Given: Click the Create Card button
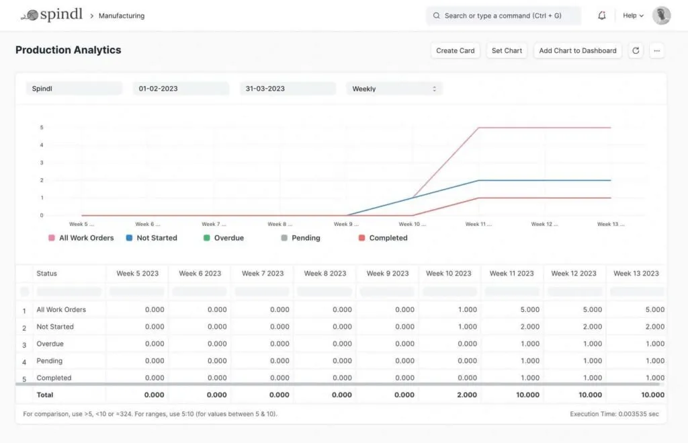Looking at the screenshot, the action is coord(455,50).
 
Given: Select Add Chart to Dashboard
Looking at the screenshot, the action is coord(577,50).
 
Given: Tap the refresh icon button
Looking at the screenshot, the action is coord(636,50).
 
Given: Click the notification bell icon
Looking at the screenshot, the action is coord(601,15).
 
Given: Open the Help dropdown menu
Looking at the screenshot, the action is coord(633,15).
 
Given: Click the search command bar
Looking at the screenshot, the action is coord(503,15).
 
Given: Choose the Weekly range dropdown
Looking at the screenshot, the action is coord(394,89).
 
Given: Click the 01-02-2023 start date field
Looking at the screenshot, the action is coord(181,89).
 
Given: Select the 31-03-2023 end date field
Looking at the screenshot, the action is coord(288,89).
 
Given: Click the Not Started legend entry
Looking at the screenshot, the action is coord(151,238).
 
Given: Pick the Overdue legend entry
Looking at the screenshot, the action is coord(224,238).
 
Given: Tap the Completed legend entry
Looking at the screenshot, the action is coord(383,238).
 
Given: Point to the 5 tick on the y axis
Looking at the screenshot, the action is coord(42,127).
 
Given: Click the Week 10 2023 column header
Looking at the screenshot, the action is coord(448,273).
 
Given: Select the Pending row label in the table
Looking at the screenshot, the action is coord(50,361).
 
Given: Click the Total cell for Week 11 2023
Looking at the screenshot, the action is coord(527,395).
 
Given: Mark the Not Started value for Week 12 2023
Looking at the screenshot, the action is coord(593,327).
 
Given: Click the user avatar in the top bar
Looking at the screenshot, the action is coord(661,15).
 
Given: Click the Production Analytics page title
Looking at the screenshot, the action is coord(69,50).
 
